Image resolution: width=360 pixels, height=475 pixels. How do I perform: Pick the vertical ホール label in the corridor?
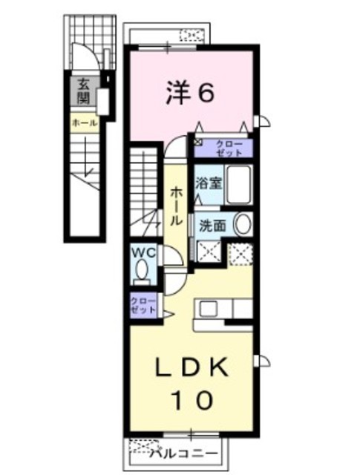(177, 207)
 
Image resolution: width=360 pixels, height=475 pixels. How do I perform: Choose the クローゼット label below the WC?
(143, 305)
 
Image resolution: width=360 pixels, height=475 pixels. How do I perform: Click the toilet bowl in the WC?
(143, 275)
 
